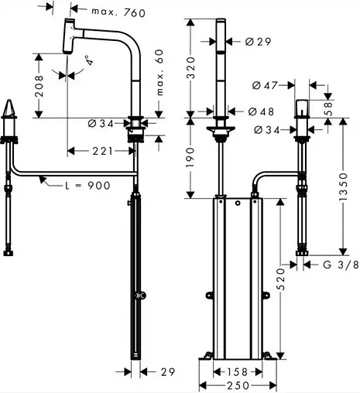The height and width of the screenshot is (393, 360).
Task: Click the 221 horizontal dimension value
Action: pyautogui.click(x=103, y=151)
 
